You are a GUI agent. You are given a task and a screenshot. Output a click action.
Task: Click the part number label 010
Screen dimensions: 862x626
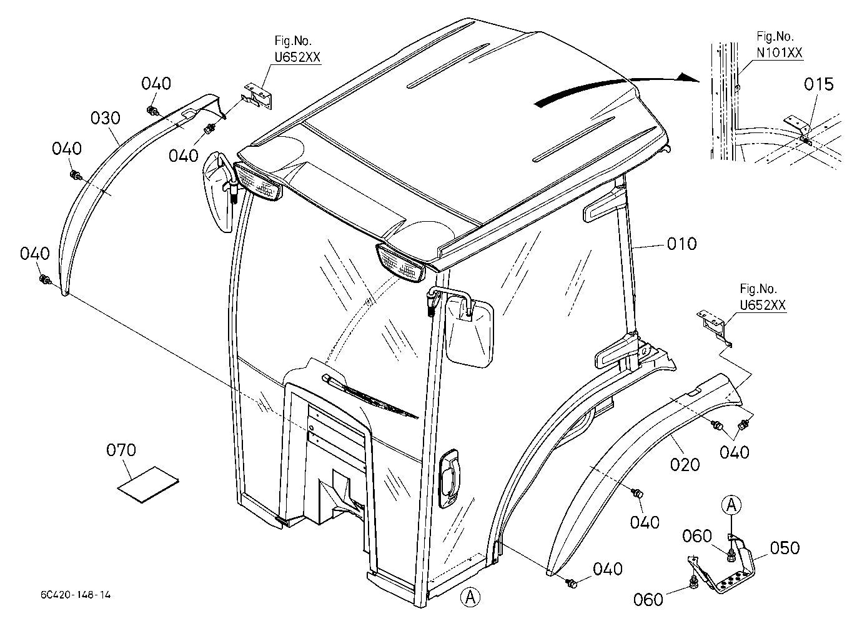(681, 244)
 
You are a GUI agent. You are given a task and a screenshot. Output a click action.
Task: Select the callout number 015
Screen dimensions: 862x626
(818, 84)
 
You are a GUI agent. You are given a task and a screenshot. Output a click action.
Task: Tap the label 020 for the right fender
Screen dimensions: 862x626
(685, 465)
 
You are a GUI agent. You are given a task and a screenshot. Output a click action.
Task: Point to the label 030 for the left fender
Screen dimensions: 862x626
(106, 118)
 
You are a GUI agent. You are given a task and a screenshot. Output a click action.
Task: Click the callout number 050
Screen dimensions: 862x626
(785, 548)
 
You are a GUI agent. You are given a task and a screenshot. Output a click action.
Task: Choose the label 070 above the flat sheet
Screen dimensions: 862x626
(121, 450)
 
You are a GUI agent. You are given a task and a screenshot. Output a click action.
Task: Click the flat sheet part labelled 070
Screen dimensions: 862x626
(148, 485)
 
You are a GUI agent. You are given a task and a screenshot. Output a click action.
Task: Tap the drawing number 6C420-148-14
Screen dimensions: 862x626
(76, 595)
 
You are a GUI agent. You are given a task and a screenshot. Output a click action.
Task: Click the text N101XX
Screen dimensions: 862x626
(780, 52)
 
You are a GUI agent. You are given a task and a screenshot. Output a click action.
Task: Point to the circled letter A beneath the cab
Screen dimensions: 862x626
(470, 597)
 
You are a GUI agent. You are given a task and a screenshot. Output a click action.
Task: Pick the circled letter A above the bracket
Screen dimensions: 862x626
(731, 505)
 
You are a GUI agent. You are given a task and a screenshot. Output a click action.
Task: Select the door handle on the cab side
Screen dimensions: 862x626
(448, 478)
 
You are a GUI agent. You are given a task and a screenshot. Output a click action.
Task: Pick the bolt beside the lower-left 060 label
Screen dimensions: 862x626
(693, 584)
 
